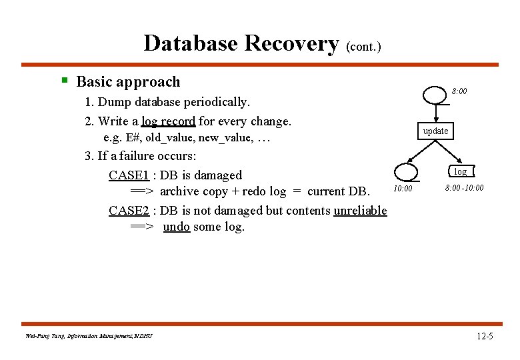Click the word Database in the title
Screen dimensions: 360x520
tap(191, 43)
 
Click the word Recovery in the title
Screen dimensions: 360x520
tap(291, 43)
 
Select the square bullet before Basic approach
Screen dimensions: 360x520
tap(65, 81)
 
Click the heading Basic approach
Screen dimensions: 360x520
tap(128, 82)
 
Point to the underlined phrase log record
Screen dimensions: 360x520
tap(168, 121)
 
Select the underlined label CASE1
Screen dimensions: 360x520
tap(129, 175)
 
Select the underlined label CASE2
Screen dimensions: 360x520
tap(129, 211)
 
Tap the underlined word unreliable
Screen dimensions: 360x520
tap(360, 211)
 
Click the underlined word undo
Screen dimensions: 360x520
tap(176, 227)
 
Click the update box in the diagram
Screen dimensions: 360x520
tap(435, 131)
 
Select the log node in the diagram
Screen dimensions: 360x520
tap(460, 172)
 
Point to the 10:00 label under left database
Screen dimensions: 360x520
tap(403, 189)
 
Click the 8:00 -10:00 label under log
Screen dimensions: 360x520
tap(464, 188)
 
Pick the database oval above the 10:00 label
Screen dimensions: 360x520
tap(406, 173)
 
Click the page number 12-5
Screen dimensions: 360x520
tap(485, 336)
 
